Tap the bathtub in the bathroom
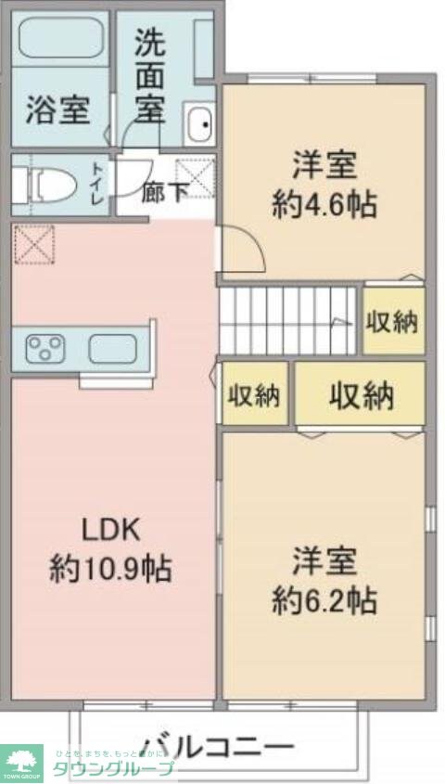[x=57, y=39]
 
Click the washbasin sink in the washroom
[x=199, y=124]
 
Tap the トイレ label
[x=97, y=182]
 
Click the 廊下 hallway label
[x=165, y=193]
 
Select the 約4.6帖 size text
[x=324, y=204]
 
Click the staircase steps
[x=287, y=320]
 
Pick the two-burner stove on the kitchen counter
[x=45, y=349]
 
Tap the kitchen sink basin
[x=111, y=350]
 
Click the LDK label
[x=110, y=531]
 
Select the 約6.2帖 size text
[x=324, y=600]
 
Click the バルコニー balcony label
[x=219, y=745]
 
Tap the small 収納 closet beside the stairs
[x=392, y=322]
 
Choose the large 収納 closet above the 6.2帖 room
[x=361, y=396]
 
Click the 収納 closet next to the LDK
[x=254, y=396]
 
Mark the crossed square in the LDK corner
[x=34, y=244]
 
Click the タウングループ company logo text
[x=111, y=768]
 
